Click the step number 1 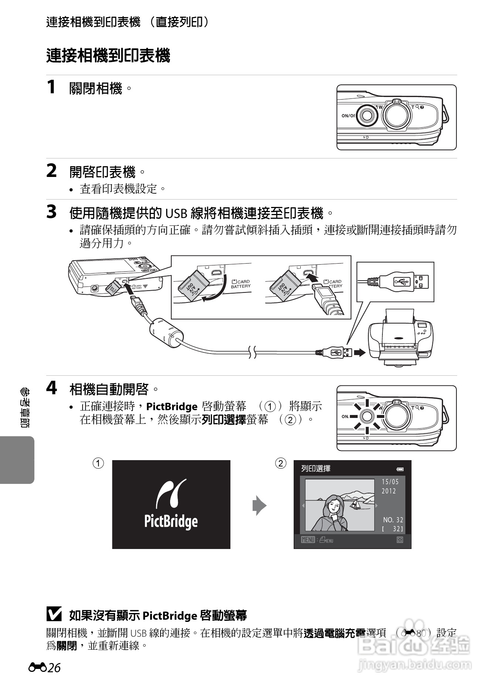pyautogui.click(x=51, y=87)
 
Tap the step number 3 pyautogui.click(x=51, y=212)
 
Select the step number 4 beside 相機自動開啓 pyautogui.click(x=52, y=388)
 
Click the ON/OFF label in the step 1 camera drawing pyautogui.click(x=348, y=115)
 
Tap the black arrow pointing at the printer pyautogui.click(x=359, y=352)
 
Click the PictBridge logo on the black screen pyautogui.click(x=171, y=504)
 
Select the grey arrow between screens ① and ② pyautogui.click(x=259, y=506)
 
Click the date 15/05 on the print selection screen pyautogui.click(x=390, y=482)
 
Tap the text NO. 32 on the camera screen pyautogui.click(x=393, y=520)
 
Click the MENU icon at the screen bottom pyautogui.click(x=308, y=540)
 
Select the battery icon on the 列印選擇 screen pyautogui.click(x=400, y=469)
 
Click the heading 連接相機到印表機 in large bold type pyautogui.click(x=108, y=56)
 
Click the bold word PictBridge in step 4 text pyautogui.click(x=172, y=406)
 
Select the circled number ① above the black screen pyautogui.click(x=98, y=463)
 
